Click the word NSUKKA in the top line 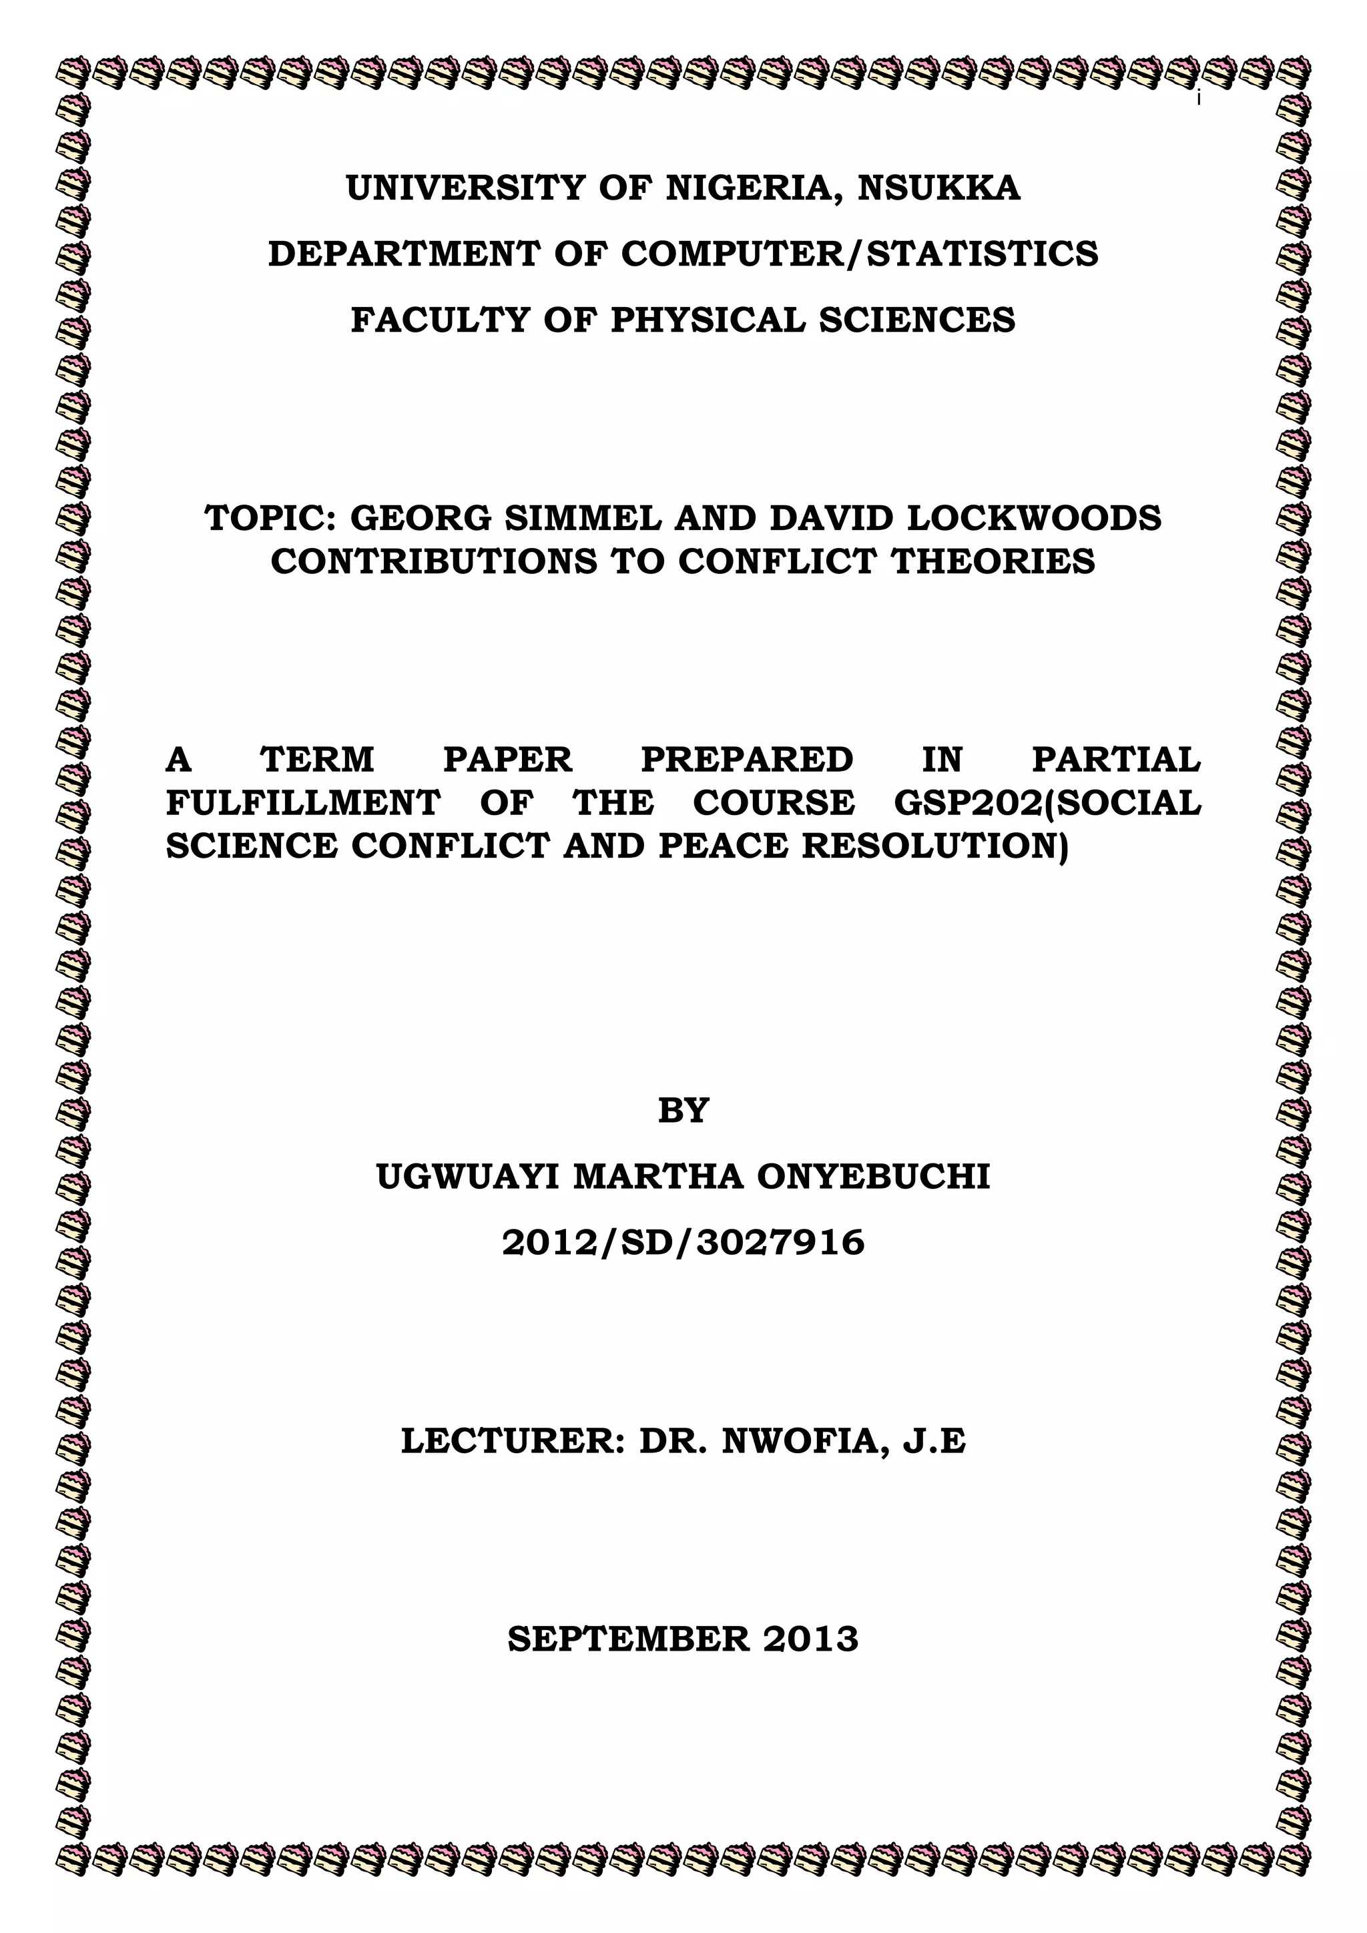[938, 188]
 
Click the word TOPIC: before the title [271, 519]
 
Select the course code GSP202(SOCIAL [1047, 803]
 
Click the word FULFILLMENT [303, 803]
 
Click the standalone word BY [683, 1111]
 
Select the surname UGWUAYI [467, 1177]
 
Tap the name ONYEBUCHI [873, 1177]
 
